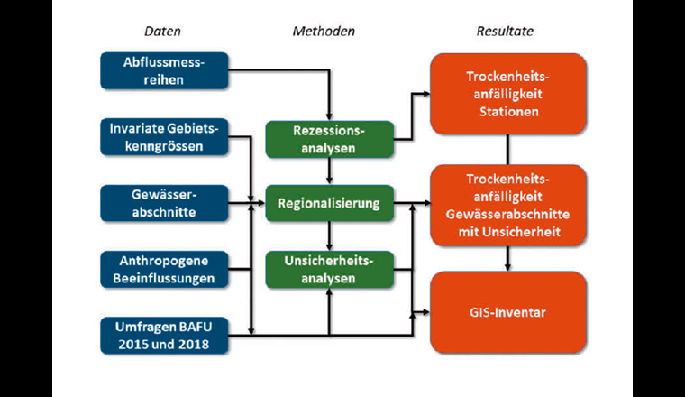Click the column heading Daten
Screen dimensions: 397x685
[162, 32]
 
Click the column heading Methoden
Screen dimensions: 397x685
[324, 32]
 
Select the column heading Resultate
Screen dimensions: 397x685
[505, 32]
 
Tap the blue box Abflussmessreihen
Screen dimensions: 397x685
[163, 70]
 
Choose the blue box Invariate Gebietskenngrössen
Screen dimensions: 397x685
[163, 136]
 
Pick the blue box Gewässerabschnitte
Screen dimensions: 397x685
[163, 202]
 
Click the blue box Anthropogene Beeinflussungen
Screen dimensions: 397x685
[163, 268]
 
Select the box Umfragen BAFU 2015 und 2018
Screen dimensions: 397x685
[163, 334]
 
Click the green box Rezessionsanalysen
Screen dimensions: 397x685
[329, 138]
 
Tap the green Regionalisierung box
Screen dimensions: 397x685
[329, 204]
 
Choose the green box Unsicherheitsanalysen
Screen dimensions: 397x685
[329, 269]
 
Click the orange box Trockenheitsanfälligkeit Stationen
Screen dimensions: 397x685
[508, 94]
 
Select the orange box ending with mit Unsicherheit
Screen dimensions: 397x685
[508, 205]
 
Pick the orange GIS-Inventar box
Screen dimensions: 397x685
[508, 313]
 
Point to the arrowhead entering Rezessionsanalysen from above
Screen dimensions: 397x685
[329, 115]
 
